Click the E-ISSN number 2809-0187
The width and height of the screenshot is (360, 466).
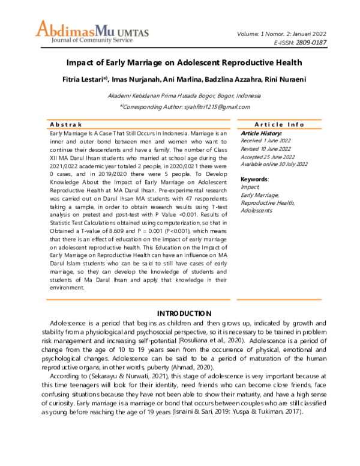click(x=311, y=43)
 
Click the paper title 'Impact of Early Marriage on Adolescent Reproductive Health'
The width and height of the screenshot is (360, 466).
click(x=179, y=62)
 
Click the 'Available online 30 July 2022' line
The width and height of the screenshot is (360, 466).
click(x=274, y=164)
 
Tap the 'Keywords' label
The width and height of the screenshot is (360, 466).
click(x=254, y=179)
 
